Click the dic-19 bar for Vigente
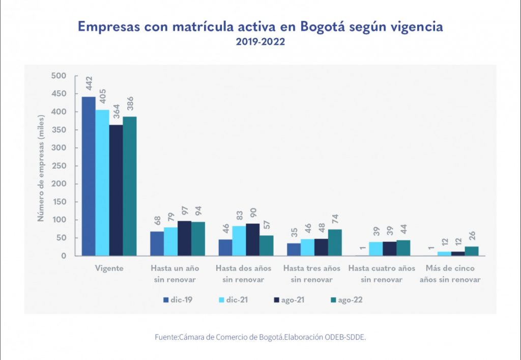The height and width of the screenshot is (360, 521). (x=89, y=176)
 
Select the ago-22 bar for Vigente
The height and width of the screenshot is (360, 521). (x=130, y=186)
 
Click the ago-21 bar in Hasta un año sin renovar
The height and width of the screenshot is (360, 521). (x=184, y=238)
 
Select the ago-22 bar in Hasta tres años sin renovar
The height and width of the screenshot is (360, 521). (x=335, y=243)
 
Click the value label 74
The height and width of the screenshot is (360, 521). (x=335, y=219)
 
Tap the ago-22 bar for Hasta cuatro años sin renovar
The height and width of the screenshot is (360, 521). (x=403, y=248)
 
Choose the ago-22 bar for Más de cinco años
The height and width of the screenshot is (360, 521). (x=472, y=251)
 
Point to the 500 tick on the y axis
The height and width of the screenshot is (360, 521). (x=59, y=76)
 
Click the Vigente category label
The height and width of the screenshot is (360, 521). (x=109, y=268)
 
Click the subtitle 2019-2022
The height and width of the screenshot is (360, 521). (x=260, y=42)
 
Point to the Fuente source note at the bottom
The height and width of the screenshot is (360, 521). (x=260, y=337)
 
